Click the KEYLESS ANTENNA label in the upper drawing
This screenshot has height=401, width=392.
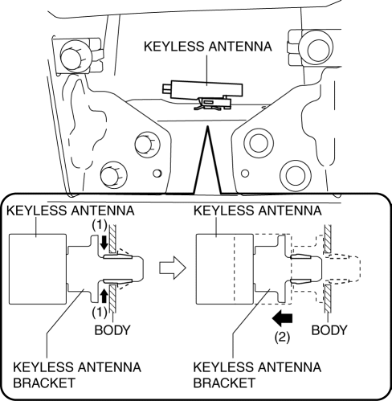[x=208, y=47]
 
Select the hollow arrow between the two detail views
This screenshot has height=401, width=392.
[x=173, y=268]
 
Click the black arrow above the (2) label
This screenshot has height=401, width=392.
[x=282, y=318]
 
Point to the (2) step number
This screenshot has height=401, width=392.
[x=282, y=338]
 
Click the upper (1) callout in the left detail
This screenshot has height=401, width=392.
[x=100, y=225]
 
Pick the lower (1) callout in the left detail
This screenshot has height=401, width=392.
[x=100, y=312]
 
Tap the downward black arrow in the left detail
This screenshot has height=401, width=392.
[x=104, y=242]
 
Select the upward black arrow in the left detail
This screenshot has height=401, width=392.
[x=104, y=296]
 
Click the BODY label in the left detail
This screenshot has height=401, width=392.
[x=112, y=330]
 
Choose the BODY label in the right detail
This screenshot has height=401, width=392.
[x=329, y=330]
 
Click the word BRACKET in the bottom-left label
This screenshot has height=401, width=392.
[x=44, y=383]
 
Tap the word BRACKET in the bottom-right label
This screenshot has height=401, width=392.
[x=224, y=383]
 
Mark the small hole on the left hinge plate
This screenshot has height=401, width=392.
[x=157, y=173]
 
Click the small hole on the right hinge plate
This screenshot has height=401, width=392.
[x=245, y=173]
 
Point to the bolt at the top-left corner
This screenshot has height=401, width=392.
[x=71, y=55]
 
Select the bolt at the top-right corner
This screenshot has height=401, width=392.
[x=317, y=49]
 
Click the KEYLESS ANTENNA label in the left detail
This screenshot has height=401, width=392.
[x=71, y=211]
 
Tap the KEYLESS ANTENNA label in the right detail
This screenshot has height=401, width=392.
[x=258, y=211]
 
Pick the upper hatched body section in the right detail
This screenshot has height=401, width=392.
[x=328, y=239]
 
